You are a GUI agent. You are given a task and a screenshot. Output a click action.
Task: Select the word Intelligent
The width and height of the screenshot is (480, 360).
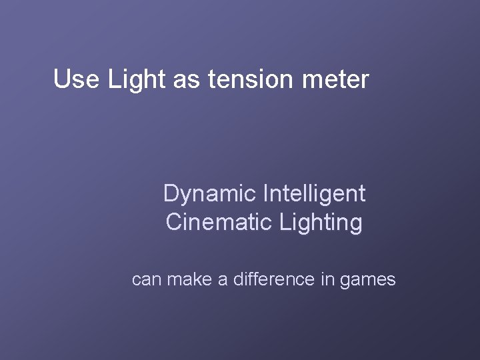pos(315,194)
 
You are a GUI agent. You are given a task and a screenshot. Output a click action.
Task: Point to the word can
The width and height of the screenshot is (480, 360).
pos(147,280)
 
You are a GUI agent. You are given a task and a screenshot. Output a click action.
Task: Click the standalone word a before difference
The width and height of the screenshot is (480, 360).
pos(223,280)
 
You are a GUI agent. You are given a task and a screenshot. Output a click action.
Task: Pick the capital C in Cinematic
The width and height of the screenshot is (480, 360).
pos(174,222)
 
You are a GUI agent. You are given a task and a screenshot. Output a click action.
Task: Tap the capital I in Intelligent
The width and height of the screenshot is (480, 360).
pos(267,194)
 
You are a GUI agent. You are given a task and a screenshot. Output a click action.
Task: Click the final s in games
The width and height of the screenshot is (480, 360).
pos(391,281)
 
